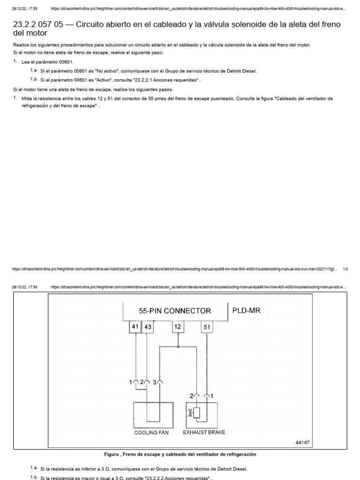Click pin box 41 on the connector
click(135, 327)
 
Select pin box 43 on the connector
click(148, 327)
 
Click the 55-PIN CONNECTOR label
click(174, 310)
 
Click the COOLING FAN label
click(151, 433)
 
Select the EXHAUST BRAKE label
click(204, 432)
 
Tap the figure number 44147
click(303, 442)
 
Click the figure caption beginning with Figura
click(180, 454)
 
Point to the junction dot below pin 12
click(179, 347)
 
